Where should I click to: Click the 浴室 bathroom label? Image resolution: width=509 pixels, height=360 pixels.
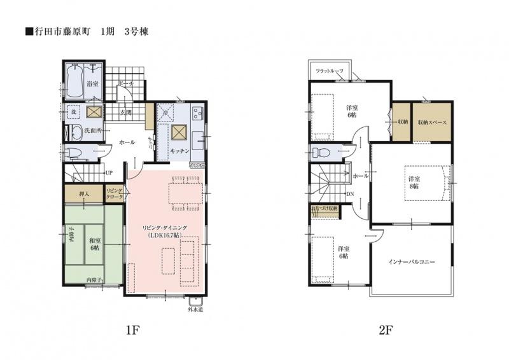[92, 84]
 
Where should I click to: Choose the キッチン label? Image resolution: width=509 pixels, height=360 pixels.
[179, 151]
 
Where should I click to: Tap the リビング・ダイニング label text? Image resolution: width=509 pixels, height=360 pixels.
[164, 227]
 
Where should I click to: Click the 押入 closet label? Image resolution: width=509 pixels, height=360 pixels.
[83, 193]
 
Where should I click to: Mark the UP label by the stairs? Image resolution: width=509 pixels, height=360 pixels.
[109, 172]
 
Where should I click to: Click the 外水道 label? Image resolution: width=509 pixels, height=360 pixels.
[195, 310]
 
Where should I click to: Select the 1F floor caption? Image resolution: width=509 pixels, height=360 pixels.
[132, 331]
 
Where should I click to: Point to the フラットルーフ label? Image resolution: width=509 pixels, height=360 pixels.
[328, 71]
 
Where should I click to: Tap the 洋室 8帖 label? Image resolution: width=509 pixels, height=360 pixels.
[414, 183]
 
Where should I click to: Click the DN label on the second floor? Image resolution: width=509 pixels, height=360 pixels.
[350, 195]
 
